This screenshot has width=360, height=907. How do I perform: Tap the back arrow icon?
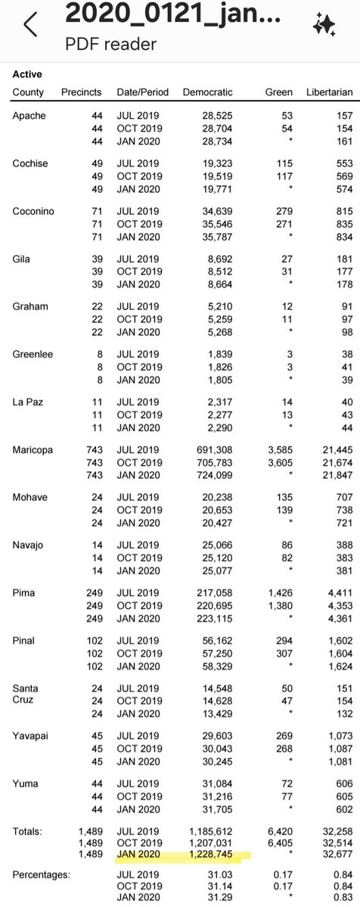(x=30, y=25)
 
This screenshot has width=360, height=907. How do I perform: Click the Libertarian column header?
(x=329, y=92)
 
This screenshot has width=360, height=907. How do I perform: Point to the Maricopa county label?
(x=33, y=449)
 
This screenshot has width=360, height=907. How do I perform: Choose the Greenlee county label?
(x=33, y=354)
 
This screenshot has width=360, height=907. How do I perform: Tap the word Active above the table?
(x=27, y=75)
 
